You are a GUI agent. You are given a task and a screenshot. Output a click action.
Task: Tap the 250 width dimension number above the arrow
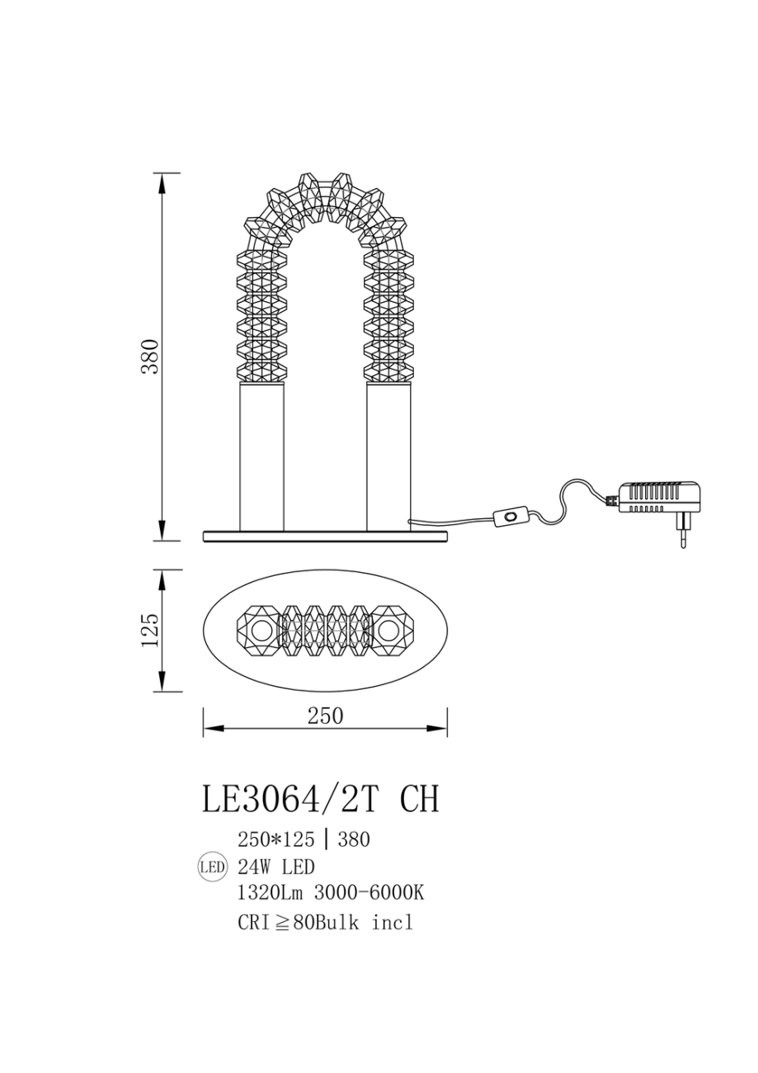(x=326, y=716)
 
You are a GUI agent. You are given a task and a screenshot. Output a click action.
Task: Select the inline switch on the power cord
(x=511, y=517)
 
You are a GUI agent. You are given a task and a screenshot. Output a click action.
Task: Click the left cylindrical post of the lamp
(x=261, y=456)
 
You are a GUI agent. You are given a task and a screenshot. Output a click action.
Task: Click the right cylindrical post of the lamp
(x=388, y=456)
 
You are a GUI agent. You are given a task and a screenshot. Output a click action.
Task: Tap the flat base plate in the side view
(x=325, y=536)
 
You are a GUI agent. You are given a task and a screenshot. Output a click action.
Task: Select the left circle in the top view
(x=261, y=631)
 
